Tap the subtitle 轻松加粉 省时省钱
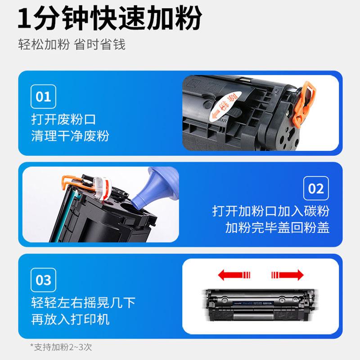[72, 45]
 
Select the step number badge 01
[44, 96]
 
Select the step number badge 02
[316, 188]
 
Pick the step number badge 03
[44, 279]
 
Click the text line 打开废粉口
[63, 120]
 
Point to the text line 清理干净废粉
[70, 136]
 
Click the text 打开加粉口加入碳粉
[271, 211]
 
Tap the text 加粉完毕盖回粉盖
[277, 227]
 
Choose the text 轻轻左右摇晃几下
[83, 302]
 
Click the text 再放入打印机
[70, 319]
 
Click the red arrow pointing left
[232, 274]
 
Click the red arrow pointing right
[288, 274]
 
